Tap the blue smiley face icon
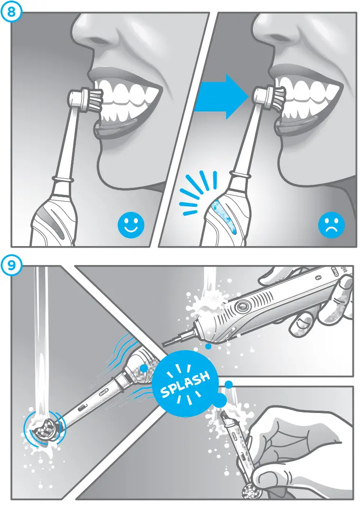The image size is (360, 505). pos(130,227)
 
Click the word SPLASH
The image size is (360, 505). pos(185,385)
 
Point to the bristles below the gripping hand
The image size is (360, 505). pos(251,492)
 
